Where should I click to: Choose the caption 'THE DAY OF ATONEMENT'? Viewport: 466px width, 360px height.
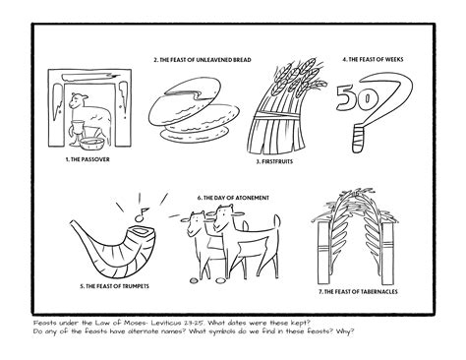point(233,198)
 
